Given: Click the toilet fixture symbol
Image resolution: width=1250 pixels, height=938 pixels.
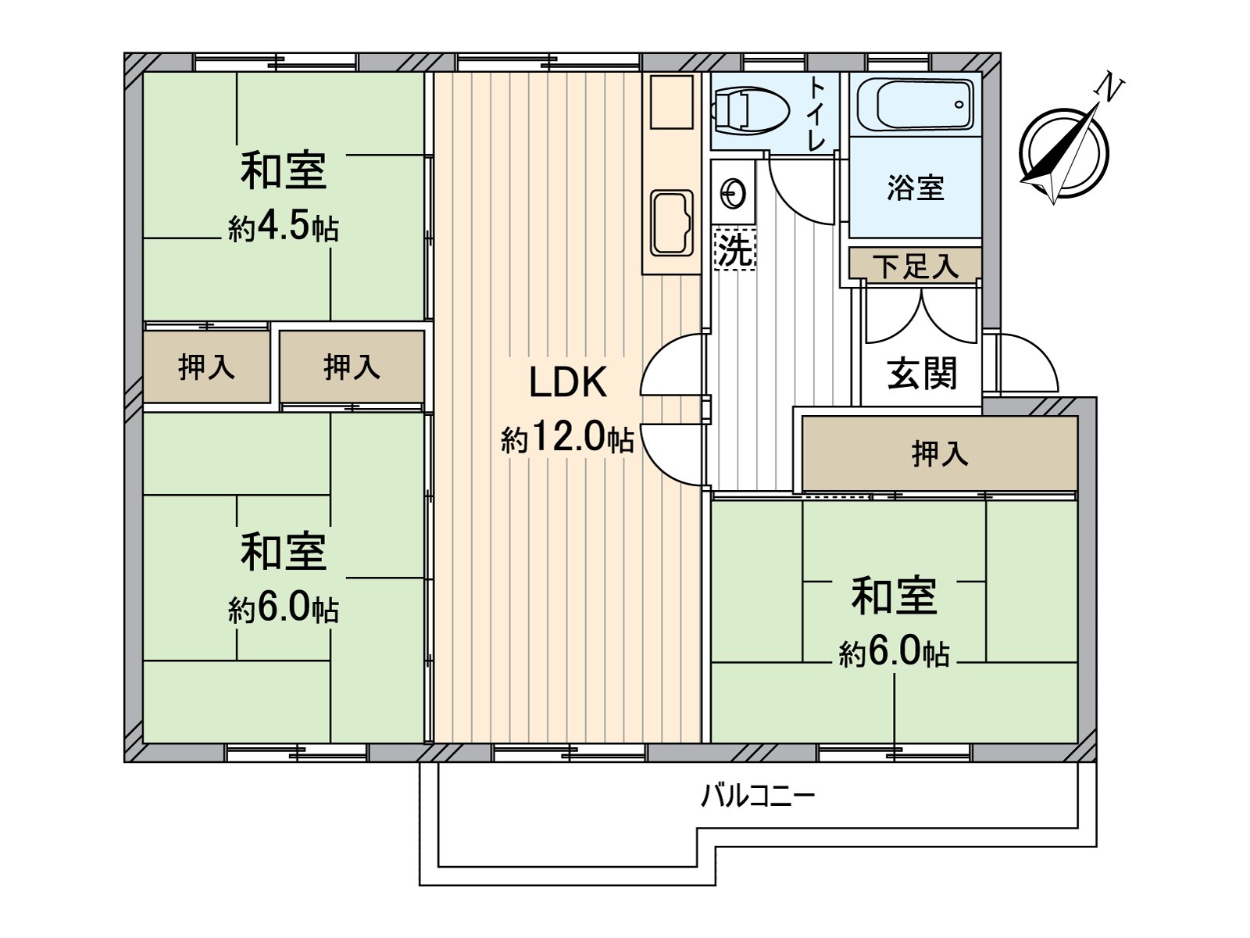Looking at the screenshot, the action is [x=751, y=110].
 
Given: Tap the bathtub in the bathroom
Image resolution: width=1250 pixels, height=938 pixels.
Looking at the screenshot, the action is [x=916, y=105].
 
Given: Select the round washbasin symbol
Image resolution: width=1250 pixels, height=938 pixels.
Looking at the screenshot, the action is [x=734, y=194].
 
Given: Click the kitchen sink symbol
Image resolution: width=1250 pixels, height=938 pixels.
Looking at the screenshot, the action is [x=672, y=224].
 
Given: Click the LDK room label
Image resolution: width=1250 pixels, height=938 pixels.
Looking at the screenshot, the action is [x=568, y=382].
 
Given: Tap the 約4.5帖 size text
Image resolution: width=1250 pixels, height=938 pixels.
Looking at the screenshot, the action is [x=284, y=227].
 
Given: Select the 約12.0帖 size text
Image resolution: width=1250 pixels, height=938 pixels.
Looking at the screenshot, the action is [x=567, y=439].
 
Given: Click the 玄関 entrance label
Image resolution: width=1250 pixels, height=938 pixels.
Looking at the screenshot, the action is [x=922, y=374].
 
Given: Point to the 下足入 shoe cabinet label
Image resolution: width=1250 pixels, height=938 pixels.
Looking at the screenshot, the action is [x=916, y=266].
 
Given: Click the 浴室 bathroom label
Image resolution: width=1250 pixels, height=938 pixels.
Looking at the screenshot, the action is [x=915, y=188].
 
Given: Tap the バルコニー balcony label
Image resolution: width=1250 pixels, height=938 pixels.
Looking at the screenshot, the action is [x=758, y=796].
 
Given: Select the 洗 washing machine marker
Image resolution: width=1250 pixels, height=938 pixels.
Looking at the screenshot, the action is [x=734, y=249].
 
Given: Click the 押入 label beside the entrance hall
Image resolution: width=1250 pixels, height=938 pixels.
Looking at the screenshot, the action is [x=940, y=453].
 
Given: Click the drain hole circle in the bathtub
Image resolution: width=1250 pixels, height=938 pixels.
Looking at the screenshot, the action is [x=959, y=104].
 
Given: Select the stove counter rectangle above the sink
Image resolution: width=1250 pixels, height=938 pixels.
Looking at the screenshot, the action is [x=672, y=102].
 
